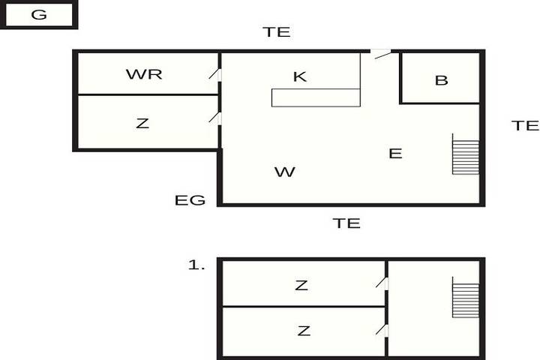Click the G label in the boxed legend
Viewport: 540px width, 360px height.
(39, 14)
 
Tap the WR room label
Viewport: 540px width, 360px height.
(144, 74)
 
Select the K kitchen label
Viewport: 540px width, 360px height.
(299, 76)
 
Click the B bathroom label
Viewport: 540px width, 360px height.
(442, 80)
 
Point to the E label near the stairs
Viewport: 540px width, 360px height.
(395, 153)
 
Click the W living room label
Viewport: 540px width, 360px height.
(285, 172)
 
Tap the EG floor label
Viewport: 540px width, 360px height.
(190, 200)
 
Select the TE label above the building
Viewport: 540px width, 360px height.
(277, 32)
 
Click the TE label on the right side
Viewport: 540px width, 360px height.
(525, 125)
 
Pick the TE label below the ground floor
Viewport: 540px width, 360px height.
(346, 223)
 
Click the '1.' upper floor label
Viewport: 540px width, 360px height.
(196, 265)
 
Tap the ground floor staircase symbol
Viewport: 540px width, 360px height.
(465, 154)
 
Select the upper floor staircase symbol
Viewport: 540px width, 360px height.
(465, 297)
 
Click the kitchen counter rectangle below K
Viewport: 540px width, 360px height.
(316, 97)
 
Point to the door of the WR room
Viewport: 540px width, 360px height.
(215, 74)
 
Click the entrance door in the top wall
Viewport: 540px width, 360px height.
(382, 54)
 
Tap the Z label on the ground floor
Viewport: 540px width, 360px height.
(142, 123)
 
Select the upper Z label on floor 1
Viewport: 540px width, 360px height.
(301, 285)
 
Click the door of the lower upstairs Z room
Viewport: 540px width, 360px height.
(382, 330)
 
